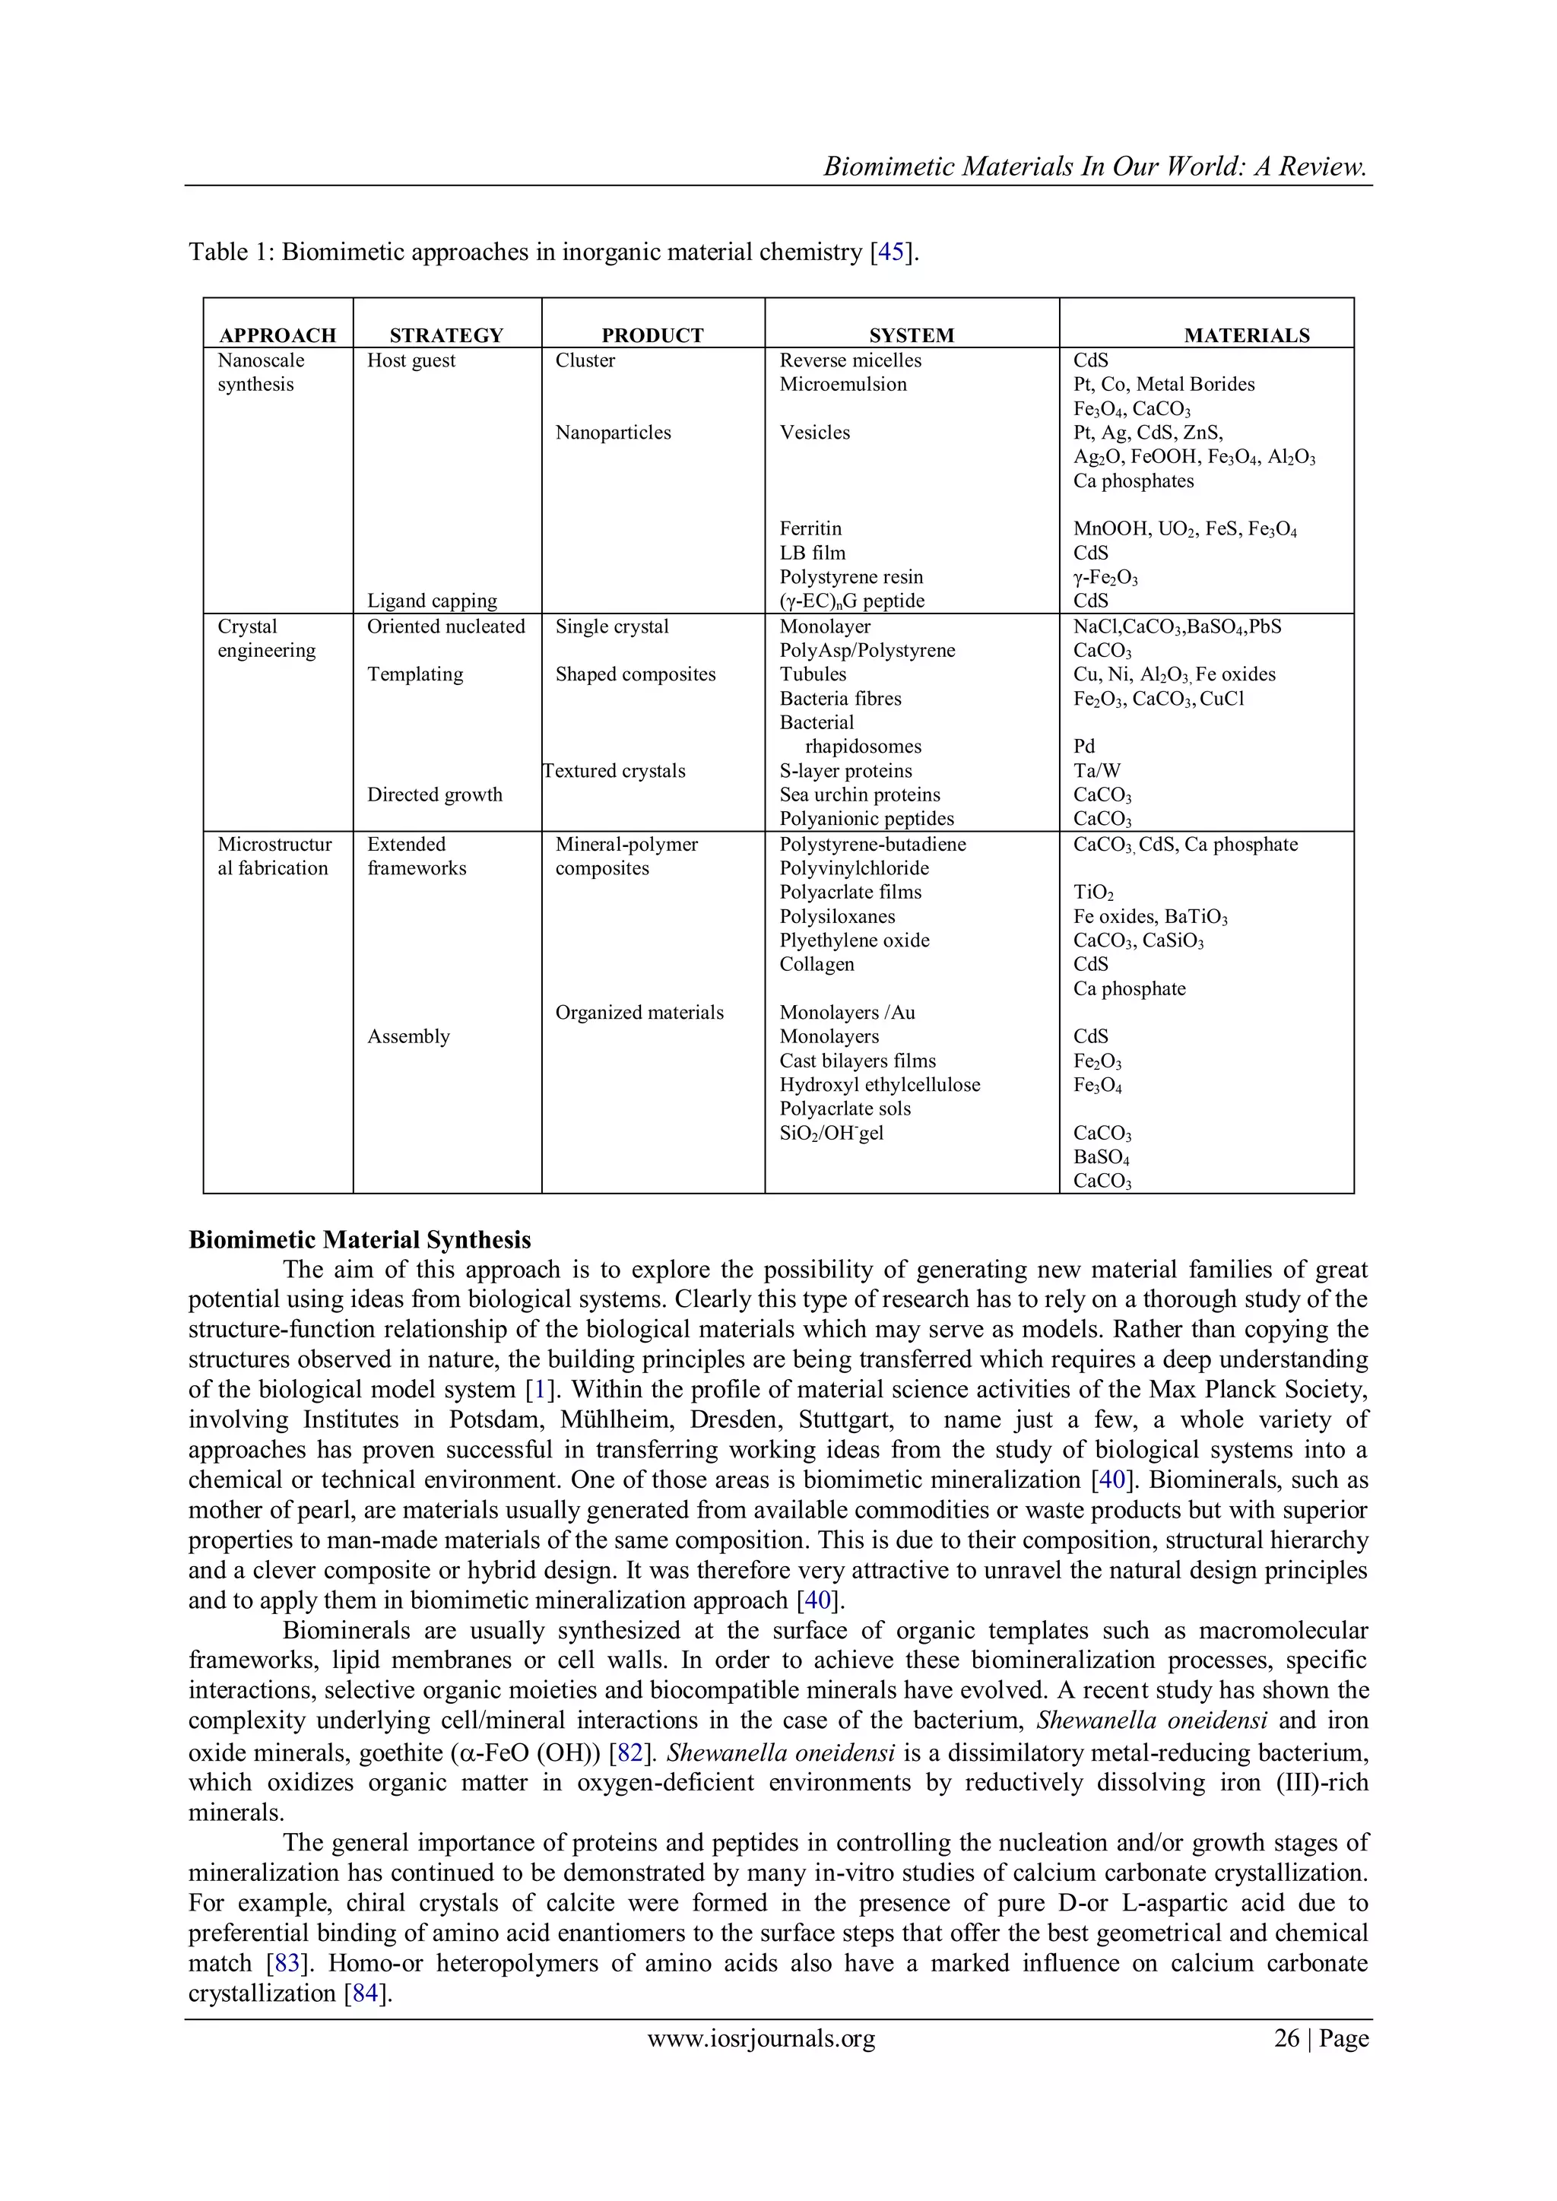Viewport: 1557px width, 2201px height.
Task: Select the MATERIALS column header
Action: (1246, 335)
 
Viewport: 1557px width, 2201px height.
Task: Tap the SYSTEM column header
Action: (911, 335)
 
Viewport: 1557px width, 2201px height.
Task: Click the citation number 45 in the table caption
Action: (891, 252)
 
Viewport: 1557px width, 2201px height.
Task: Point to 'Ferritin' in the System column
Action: (810, 528)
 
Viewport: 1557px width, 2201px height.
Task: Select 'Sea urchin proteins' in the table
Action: (859, 794)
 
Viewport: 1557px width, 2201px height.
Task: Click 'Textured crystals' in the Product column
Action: (614, 771)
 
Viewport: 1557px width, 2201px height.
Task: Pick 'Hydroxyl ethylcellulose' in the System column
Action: (879, 1085)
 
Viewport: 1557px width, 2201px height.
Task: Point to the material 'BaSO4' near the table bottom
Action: (1101, 1158)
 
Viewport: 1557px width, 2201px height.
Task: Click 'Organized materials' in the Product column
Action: (639, 1012)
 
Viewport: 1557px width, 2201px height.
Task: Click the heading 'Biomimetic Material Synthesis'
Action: (360, 1239)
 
